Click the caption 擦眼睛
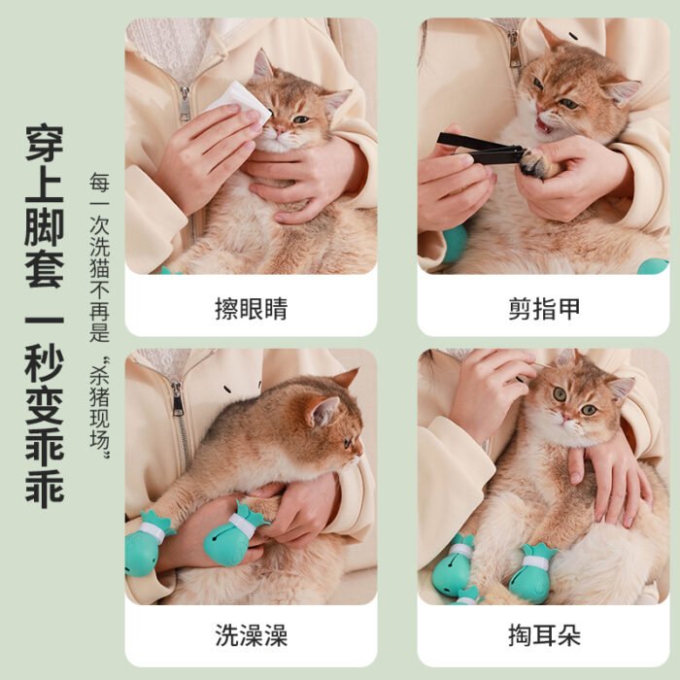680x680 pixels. pyautogui.click(x=251, y=309)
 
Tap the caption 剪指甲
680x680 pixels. pyautogui.click(x=543, y=309)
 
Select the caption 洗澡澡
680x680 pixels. pyautogui.click(x=251, y=636)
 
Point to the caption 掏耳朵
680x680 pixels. pyautogui.click(x=543, y=636)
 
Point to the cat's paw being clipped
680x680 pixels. pyautogui.click(x=535, y=163)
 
